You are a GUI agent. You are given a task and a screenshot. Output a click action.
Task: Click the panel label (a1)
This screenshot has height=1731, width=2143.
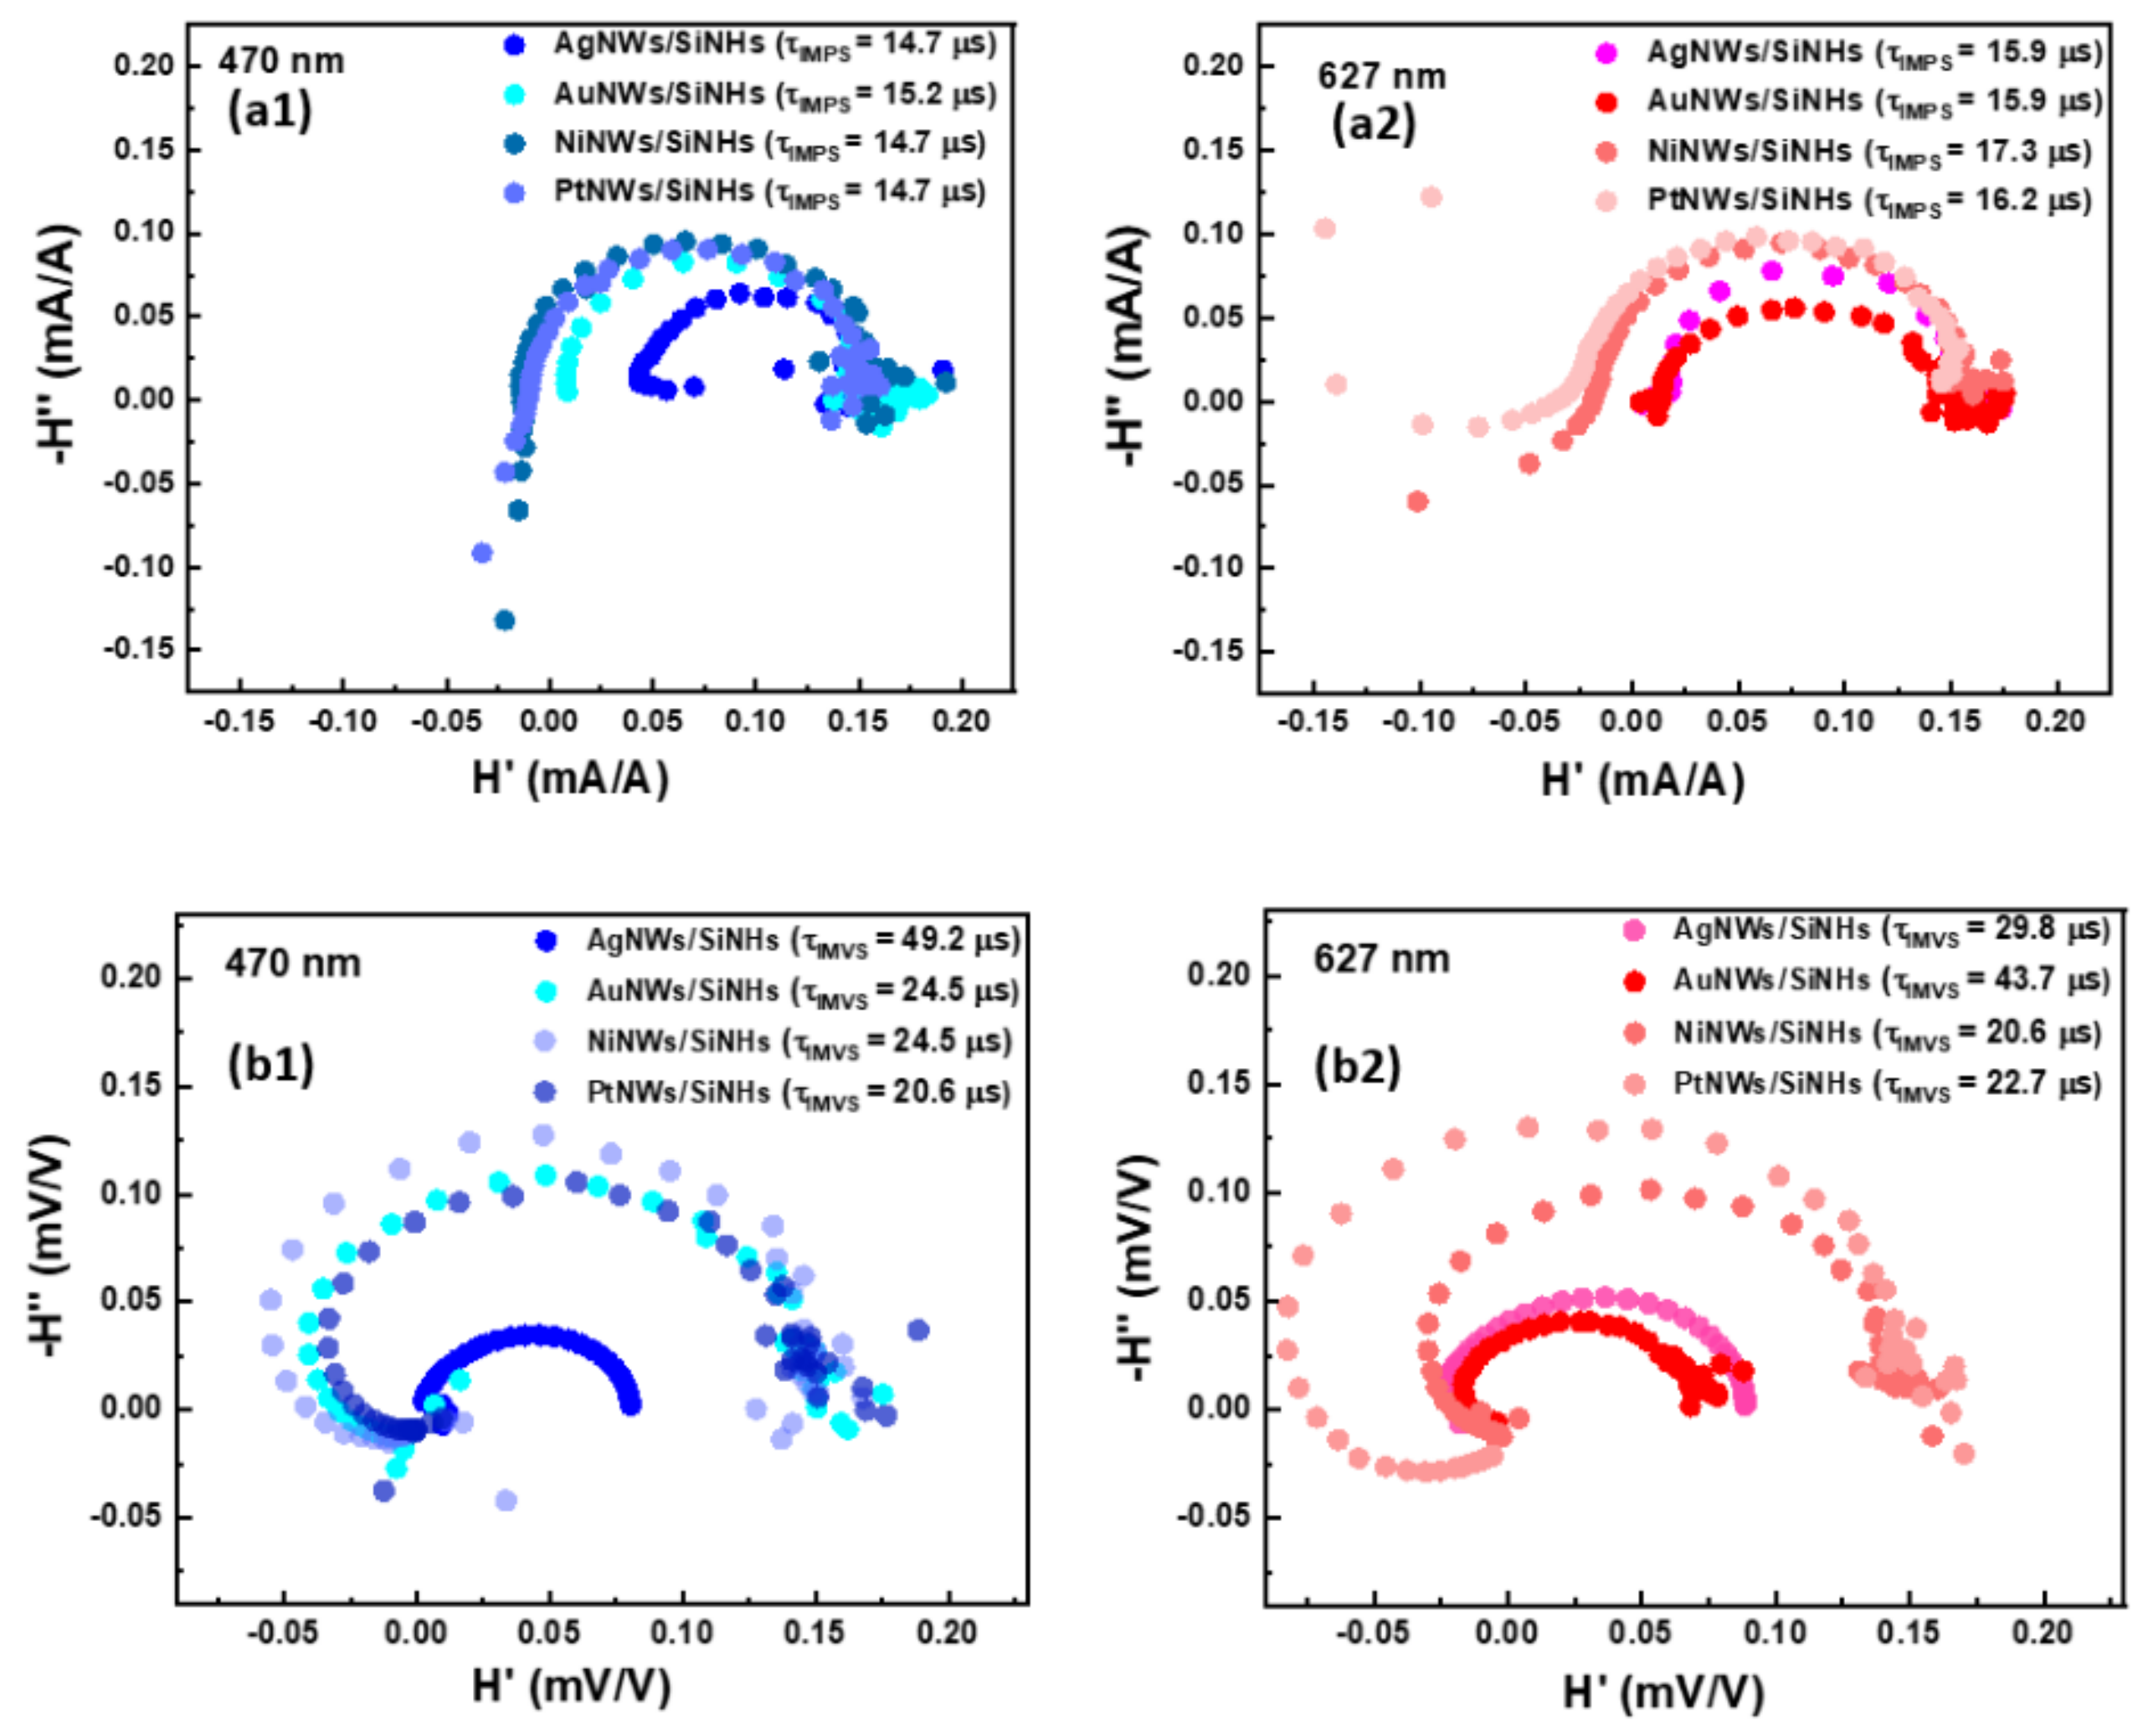click(270, 110)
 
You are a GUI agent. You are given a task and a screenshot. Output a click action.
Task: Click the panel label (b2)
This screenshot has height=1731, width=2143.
click(1357, 1068)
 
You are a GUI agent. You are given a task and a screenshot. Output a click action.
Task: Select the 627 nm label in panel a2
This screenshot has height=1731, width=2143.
click(1381, 76)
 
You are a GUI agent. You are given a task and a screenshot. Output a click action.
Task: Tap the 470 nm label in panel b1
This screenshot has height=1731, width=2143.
click(292, 963)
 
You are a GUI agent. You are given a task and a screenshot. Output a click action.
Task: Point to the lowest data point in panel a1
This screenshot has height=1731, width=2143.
click(505, 620)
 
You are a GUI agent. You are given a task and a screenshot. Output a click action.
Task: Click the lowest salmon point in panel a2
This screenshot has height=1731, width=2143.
click(1417, 501)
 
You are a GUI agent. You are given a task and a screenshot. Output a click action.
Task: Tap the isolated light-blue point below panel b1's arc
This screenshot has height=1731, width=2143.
click(506, 1501)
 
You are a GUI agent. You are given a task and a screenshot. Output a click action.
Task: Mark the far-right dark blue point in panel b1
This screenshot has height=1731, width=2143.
click(918, 1330)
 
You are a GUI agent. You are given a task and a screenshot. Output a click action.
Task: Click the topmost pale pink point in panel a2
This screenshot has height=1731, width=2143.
click(1430, 197)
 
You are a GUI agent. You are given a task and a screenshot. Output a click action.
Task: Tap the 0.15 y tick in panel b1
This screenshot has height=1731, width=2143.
click(130, 1085)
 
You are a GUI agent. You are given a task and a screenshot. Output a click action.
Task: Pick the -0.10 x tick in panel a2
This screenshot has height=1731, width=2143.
click(1417, 721)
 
